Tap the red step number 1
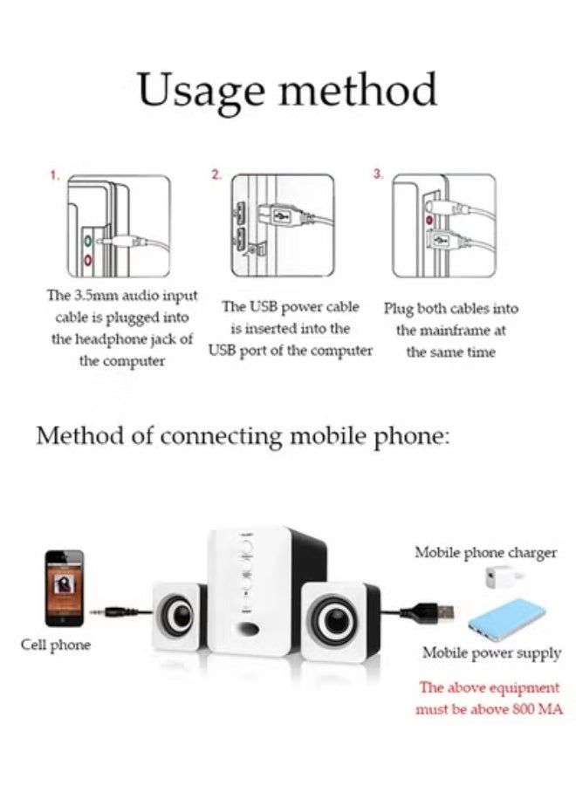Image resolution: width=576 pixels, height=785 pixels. point(55,175)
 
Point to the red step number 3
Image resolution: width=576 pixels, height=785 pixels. point(377,175)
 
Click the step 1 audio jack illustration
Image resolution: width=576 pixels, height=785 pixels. point(119,227)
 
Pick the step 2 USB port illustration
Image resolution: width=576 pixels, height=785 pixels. point(281,225)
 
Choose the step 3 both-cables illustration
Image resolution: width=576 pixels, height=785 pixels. point(443,225)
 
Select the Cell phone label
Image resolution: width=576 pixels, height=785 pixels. point(56,645)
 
